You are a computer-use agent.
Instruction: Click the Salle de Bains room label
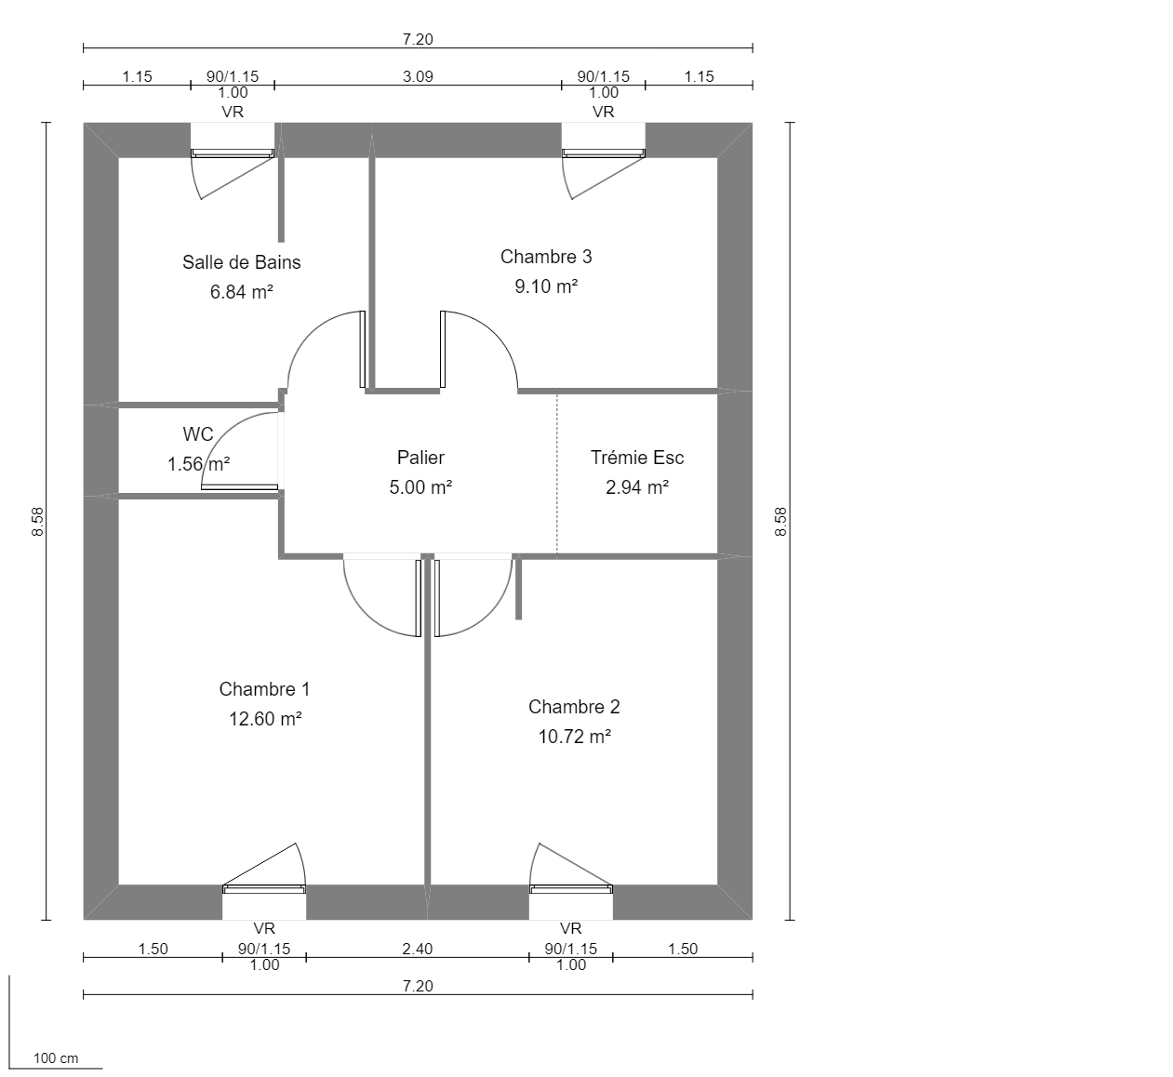click(x=241, y=262)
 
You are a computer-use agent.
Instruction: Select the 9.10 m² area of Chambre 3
click(x=546, y=286)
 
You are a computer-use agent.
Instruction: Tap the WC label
click(x=197, y=434)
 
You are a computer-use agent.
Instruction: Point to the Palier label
click(x=420, y=458)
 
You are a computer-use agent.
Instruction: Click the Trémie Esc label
click(x=637, y=458)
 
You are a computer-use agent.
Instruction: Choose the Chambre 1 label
click(x=264, y=689)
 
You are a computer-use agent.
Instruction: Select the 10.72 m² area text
click(x=574, y=737)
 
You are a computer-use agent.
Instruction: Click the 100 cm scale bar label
click(x=56, y=1058)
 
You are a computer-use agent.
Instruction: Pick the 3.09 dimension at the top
click(x=418, y=76)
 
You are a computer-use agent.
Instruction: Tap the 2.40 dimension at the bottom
click(x=418, y=949)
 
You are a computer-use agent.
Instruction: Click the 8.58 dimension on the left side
click(x=37, y=521)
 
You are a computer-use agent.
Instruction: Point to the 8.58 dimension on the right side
click(x=780, y=521)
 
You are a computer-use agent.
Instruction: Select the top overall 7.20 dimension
click(x=418, y=39)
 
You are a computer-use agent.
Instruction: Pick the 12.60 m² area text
click(x=265, y=719)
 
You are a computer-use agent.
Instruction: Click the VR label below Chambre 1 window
click(x=264, y=928)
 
